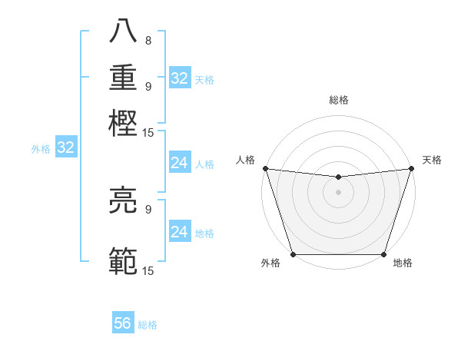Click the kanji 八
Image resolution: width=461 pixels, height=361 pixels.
(124, 33)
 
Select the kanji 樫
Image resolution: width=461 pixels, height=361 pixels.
(124, 123)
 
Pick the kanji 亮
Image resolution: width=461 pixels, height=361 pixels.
(124, 202)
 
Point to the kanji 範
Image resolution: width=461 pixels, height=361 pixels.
(124, 262)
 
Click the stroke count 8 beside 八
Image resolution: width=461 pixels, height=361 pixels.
(148, 41)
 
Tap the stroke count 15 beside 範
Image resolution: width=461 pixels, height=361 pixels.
(148, 270)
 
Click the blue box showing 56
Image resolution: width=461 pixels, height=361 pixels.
(123, 323)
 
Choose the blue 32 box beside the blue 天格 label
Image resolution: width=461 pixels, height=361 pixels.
(179, 78)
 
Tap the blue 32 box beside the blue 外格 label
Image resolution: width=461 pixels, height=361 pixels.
(65, 148)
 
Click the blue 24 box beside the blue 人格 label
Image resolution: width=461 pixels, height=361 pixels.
(179, 163)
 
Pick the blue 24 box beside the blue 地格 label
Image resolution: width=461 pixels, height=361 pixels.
(179, 232)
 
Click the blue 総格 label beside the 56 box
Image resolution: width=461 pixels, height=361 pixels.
(148, 325)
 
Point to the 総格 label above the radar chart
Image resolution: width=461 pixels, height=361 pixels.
(338, 100)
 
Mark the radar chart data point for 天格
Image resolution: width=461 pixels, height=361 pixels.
(411, 168)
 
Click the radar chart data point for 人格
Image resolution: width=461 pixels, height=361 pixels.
(265, 168)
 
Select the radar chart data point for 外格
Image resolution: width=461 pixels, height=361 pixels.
(294, 254)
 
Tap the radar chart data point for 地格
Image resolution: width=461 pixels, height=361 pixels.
(383, 254)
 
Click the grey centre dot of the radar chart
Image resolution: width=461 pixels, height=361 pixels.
(338, 192)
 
